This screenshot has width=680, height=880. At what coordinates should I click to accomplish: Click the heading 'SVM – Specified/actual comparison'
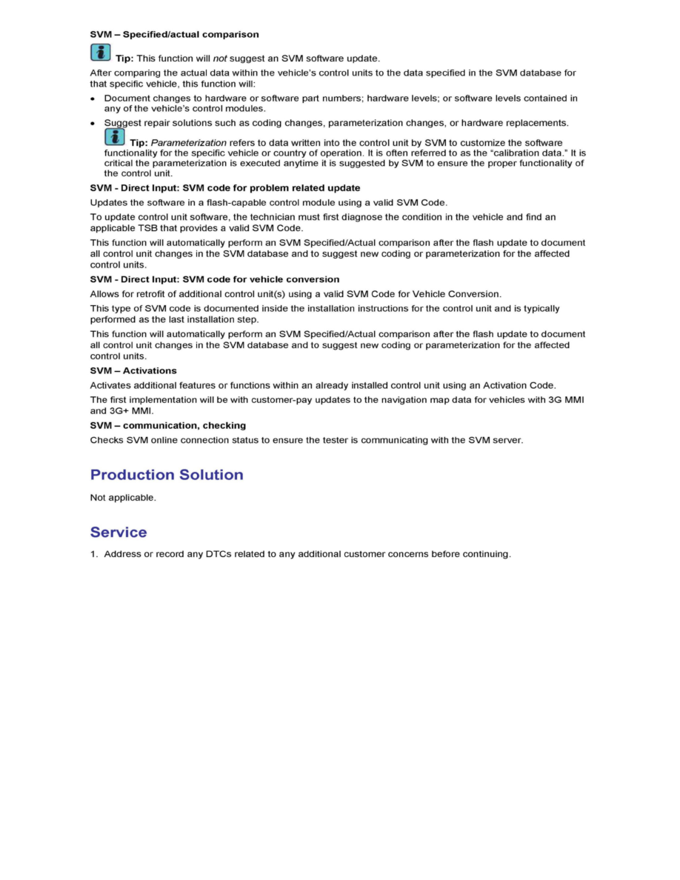point(174,35)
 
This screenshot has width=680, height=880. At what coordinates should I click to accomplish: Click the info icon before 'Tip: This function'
point(100,53)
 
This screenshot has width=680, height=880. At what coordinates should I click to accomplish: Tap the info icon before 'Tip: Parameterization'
point(114,137)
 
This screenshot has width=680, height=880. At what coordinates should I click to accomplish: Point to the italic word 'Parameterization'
point(188,142)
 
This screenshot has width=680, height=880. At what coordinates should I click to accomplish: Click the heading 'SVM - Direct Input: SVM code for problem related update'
point(225,188)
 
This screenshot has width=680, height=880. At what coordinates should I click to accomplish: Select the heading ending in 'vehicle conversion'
point(215,279)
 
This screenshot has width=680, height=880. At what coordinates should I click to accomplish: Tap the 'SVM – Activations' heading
point(133,370)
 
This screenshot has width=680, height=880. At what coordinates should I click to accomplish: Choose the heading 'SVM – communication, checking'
point(168,425)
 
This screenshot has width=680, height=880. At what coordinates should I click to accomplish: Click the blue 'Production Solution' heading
point(167,475)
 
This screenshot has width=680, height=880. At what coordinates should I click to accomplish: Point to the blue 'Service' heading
point(119,533)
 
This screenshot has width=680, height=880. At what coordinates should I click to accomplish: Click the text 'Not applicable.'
point(123,498)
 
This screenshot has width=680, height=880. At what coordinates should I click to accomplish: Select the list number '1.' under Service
point(94,554)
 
